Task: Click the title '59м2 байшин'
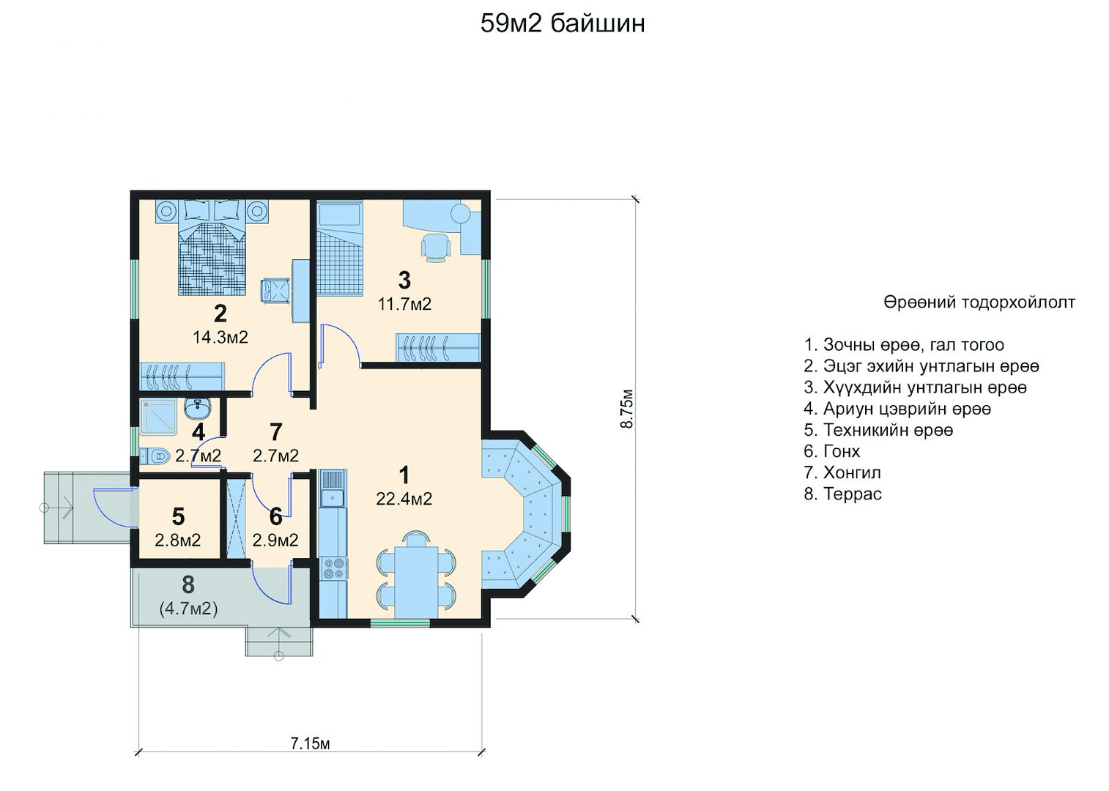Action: (x=563, y=23)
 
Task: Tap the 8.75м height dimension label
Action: (x=626, y=409)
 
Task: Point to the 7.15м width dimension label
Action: (x=310, y=743)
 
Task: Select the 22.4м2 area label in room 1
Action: (x=404, y=499)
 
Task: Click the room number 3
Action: (x=404, y=281)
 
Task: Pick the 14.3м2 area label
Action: (x=220, y=337)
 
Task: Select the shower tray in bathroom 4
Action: (x=158, y=417)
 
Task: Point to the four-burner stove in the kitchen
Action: (x=333, y=568)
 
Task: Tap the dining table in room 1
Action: (x=416, y=582)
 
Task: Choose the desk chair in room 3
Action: (x=436, y=248)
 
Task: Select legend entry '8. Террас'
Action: (x=842, y=494)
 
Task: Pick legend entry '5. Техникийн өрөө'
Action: (x=878, y=430)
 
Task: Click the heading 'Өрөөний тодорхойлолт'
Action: (x=979, y=302)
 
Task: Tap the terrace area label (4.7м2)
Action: (x=189, y=609)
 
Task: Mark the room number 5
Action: (x=178, y=517)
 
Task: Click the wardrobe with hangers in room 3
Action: (x=438, y=347)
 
